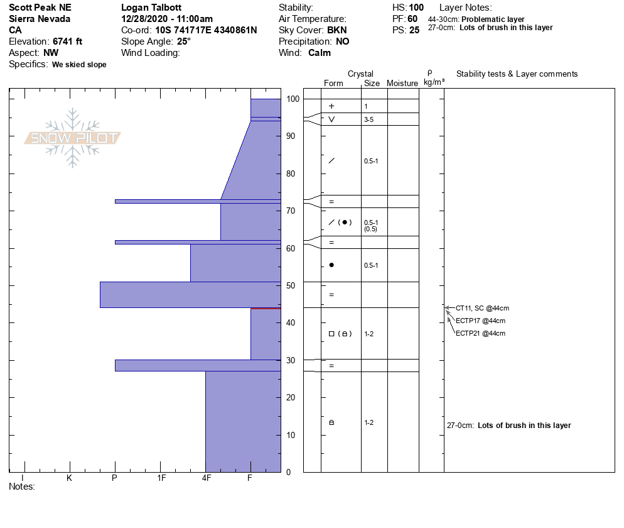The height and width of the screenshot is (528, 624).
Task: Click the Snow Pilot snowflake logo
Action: click(x=72, y=138)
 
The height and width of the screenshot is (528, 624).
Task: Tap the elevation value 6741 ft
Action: click(x=67, y=41)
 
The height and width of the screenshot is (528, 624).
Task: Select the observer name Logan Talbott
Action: click(x=151, y=8)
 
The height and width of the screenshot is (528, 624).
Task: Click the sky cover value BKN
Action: click(x=336, y=30)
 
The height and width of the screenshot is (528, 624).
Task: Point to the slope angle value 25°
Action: click(x=184, y=41)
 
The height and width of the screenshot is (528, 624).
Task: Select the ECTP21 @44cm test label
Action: click(x=480, y=333)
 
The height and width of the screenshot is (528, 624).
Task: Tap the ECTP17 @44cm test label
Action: click(x=480, y=321)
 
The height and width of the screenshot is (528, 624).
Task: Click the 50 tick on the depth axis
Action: click(x=291, y=285)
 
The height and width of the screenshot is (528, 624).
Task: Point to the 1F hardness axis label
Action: click(x=161, y=478)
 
